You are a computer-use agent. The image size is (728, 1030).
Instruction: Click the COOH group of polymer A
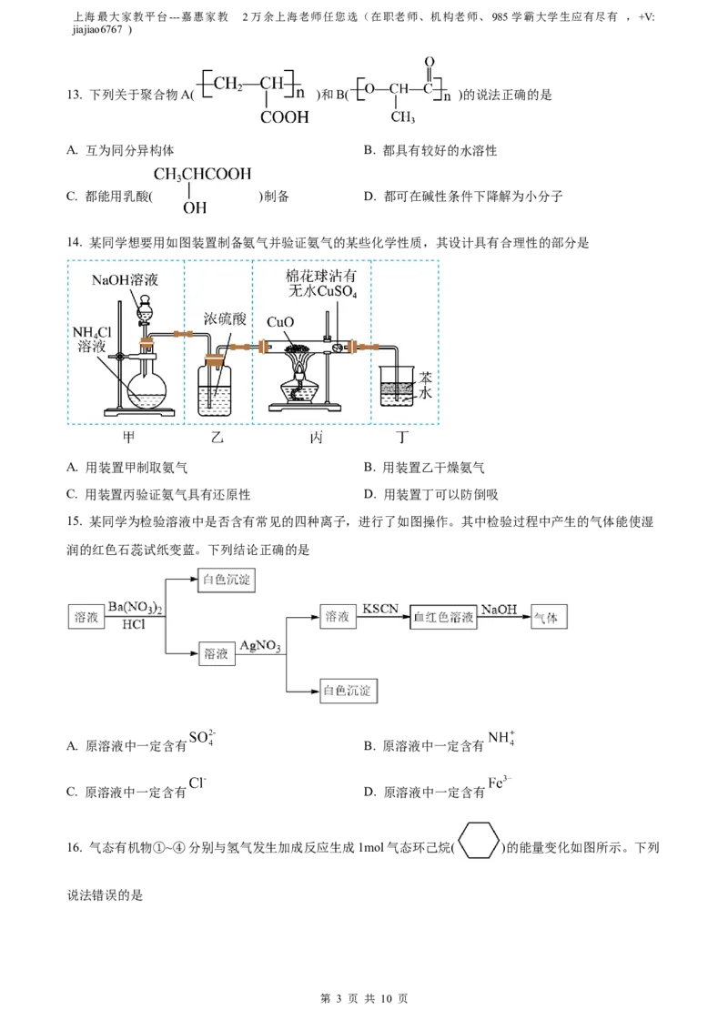(285, 117)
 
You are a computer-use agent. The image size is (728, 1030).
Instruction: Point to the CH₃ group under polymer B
(402, 117)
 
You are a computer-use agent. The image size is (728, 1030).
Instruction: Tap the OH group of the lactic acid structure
(195, 207)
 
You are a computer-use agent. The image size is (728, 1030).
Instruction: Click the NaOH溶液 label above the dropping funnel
(125, 280)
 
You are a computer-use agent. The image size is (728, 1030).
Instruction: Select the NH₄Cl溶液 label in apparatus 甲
(92, 339)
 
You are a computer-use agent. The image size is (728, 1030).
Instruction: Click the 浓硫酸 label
(224, 319)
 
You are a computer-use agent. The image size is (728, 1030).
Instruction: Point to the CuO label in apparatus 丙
(280, 322)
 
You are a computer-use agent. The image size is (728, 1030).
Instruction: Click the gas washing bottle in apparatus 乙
(215, 388)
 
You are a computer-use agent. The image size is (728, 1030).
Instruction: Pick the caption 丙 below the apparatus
(316, 438)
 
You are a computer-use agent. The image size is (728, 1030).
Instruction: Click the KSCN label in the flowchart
(380, 609)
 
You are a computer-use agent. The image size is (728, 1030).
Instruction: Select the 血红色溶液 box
(443, 618)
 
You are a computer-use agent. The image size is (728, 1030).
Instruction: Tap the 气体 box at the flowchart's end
(549, 618)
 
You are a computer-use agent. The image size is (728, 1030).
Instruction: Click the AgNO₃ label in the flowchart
(260, 646)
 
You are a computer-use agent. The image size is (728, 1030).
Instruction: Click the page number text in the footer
(364, 998)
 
